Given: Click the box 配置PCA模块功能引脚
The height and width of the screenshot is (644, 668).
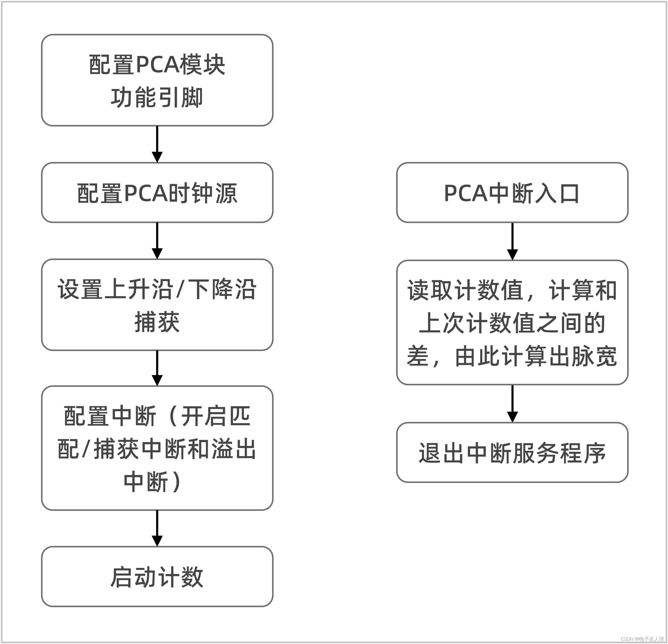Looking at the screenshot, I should [x=157, y=80].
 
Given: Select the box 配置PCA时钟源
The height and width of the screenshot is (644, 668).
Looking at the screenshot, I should [x=157, y=193].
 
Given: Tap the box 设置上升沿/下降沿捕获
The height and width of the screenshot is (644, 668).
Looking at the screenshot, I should [x=157, y=305].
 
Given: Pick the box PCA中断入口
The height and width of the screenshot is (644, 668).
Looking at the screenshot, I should [x=512, y=193].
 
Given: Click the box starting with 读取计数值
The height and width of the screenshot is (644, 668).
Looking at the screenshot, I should [x=512, y=323].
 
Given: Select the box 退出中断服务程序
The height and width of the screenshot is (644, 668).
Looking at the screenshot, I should [x=512, y=453].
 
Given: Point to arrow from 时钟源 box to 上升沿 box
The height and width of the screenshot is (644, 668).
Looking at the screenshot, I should [x=157, y=240].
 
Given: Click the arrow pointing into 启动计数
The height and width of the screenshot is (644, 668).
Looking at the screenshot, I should [x=157, y=528].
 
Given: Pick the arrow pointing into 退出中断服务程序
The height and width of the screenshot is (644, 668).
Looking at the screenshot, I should [x=512, y=403].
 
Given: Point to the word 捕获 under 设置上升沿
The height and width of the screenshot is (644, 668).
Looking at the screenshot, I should [x=157, y=322].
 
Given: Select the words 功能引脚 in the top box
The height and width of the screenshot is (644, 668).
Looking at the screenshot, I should [x=157, y=97].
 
